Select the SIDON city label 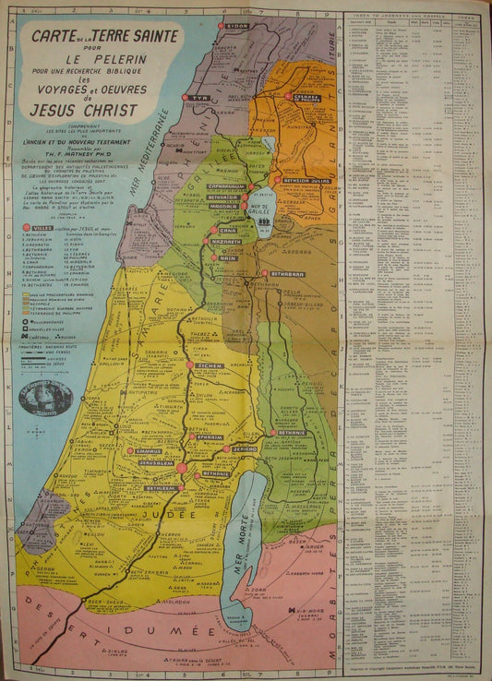[236, 26]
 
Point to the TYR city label [200, 98]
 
